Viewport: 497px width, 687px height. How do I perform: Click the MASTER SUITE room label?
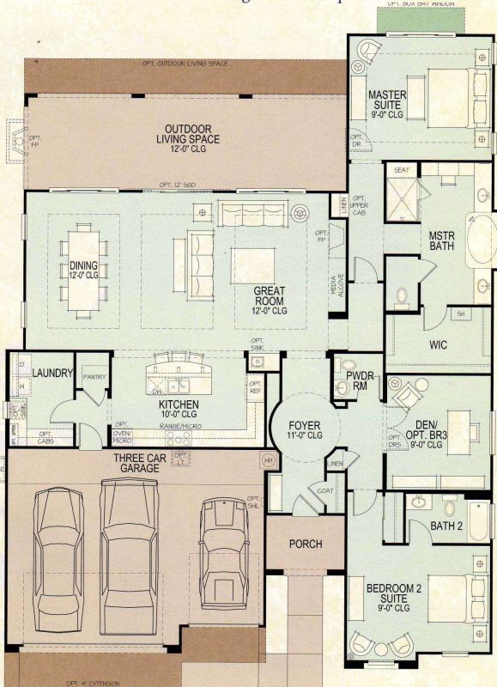387,99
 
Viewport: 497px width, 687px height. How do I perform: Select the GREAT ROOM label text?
269,296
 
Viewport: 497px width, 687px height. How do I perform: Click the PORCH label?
305,544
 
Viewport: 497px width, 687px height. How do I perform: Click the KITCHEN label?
179,404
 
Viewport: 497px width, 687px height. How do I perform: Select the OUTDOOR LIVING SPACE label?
188,134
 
